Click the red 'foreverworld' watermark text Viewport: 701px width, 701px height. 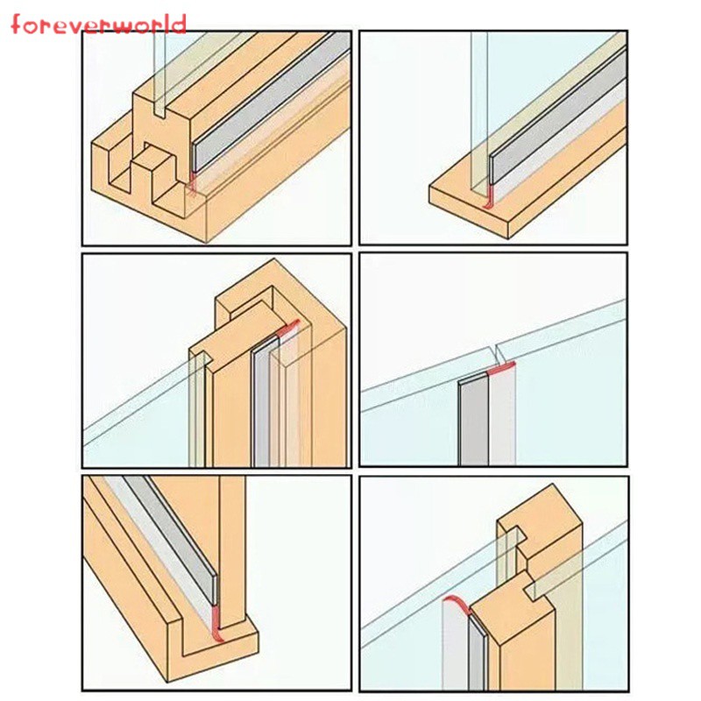98,25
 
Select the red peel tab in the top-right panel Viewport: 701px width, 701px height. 489,196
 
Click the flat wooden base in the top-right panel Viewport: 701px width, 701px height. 528,183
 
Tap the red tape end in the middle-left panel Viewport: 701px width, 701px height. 289,328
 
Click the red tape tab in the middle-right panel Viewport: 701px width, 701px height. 500,369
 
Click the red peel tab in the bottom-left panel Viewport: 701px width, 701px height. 216,623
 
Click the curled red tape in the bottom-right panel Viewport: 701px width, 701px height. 456,605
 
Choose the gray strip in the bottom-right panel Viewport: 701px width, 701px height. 477,653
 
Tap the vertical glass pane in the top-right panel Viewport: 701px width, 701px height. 479,112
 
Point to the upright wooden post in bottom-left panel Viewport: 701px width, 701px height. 232,551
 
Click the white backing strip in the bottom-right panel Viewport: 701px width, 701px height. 455,648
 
